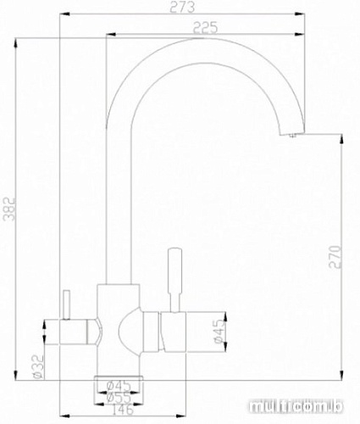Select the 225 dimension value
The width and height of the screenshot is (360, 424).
click(x=202, y=28)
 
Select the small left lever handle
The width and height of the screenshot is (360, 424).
click(x=64, y=301)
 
